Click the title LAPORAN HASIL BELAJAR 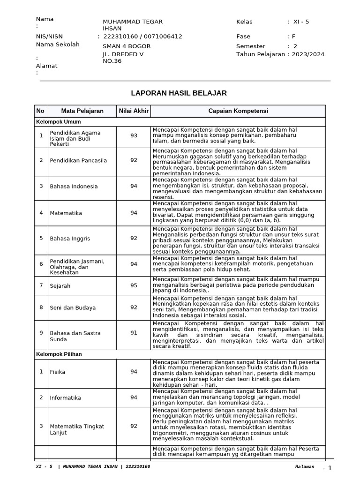point(180,93)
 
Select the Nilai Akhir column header point(134,111)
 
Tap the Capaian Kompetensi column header point(238,111)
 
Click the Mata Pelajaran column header point(82,111)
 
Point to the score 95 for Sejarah point(134,285)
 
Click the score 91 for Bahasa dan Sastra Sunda point(134,333)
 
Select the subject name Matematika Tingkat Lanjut point(77,429)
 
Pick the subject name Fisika point(58,372)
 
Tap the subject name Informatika point(66,397)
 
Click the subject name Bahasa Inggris point(70,238)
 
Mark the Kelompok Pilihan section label point(59,354)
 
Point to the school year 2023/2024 point(308,54)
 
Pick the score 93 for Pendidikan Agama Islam point(134,135)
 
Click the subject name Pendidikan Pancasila point(78,160)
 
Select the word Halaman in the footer point(305,467)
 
